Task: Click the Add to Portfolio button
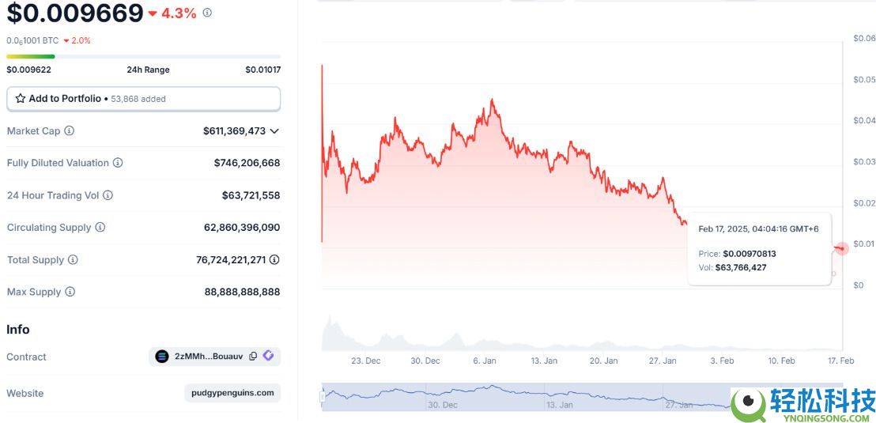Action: [x=143, y=99]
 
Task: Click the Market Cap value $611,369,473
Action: [x=234, y=130]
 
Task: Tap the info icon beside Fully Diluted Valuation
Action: [x=118, y=163]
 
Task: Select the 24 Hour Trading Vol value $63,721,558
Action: [x=251, y=195]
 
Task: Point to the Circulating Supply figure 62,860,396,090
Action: [x=241, y=228]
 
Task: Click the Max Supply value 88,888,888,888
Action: [x=242, y=292]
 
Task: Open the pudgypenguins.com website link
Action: [x=232, y=393]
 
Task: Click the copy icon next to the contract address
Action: [x=253, y=357]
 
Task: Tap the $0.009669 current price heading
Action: [x=75, y=13]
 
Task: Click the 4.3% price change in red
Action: [x=178, y=13]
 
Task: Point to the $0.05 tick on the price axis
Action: [x=864, y=80]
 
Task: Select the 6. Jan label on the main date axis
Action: [x=485, y=361]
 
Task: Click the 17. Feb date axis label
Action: [x=841, y=361]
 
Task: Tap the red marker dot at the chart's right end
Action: [x=841, y=248]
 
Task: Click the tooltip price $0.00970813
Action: [x=749, y=254]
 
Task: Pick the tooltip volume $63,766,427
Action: [x=740, y=267]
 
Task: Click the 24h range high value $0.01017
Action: [x=262, y=70]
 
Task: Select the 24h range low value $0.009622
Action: [x=28, y=70]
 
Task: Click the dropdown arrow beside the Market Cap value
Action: [x=274, y=130]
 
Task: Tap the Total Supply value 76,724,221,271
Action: [x=231, y=260]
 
